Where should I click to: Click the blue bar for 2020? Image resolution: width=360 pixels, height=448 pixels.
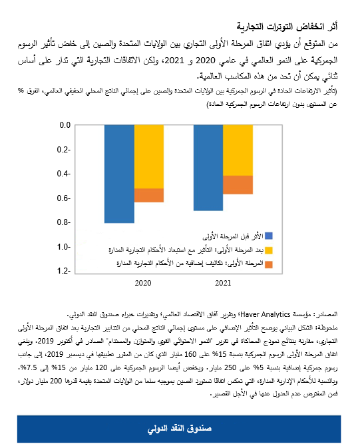[x=119, y=174]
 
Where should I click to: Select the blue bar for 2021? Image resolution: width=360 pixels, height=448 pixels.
[x=208, y=168]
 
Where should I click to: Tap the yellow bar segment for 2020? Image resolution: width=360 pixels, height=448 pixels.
[x=149, y=156]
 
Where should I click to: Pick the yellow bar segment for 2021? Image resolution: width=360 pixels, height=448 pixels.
[x=238, y=150]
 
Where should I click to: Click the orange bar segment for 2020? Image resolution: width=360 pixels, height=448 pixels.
[x=149, y=195]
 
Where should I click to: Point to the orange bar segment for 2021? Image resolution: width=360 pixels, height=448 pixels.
[x=238, y=184]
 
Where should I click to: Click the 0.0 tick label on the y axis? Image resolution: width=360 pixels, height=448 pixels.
[x=64, y=125]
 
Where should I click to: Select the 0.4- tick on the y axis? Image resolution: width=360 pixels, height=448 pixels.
[x=64, y=174]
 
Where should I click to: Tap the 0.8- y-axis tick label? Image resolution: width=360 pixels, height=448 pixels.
[x=64, y=222]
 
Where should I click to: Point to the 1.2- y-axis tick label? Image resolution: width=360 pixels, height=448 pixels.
[x=64, y=271]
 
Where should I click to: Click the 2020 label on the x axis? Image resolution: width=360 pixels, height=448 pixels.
[x=143, y=284]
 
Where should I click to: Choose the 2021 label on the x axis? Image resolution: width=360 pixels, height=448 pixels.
[x=223, y=284]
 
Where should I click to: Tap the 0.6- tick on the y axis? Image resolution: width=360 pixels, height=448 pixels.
[x=64, y=198]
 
